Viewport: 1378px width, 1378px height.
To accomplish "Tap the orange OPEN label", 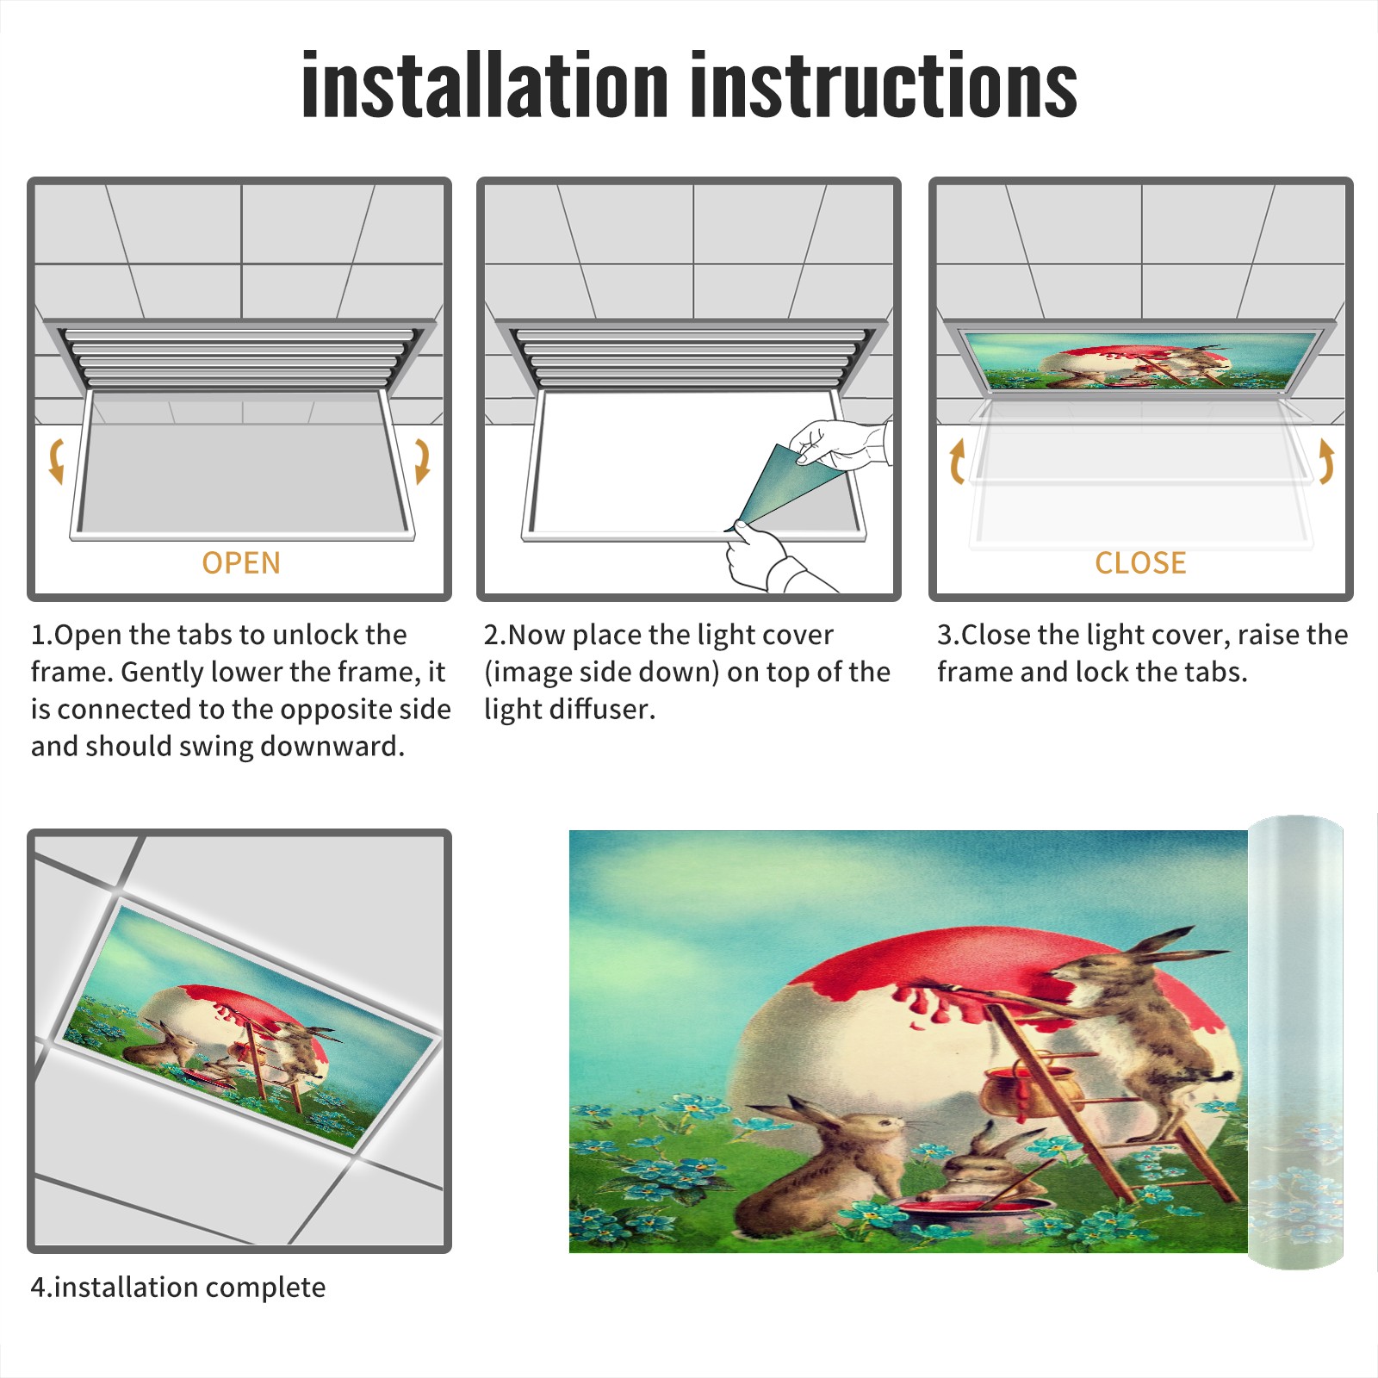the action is [x=241, y=563].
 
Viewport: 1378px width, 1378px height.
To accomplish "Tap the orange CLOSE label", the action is [x=1140, y=563].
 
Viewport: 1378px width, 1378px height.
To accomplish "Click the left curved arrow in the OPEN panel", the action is [x=57, y=461].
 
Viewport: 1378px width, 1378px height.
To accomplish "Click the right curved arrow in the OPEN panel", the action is [x=422, y=461].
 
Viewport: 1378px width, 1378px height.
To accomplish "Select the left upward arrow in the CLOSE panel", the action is [x=957, y=462].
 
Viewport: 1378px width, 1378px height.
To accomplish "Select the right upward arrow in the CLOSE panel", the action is [x=1326, y=462].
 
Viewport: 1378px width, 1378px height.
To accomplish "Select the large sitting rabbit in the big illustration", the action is [x=818, y=1163].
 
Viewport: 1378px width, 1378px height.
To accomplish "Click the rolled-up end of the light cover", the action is [x=1296, y=1042].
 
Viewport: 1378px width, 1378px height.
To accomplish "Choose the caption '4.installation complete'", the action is [x=178, y=1287].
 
